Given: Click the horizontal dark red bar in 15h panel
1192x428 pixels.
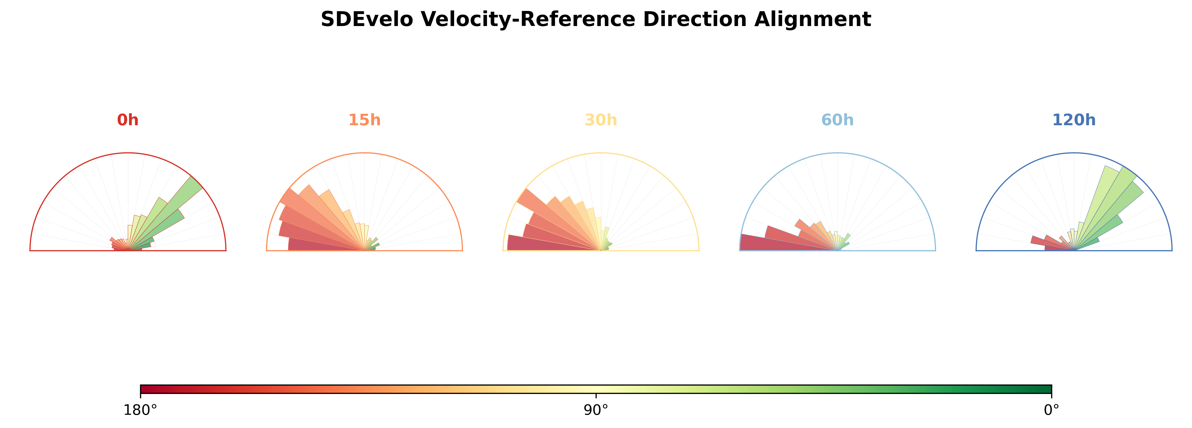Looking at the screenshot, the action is [x=326, y=244].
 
